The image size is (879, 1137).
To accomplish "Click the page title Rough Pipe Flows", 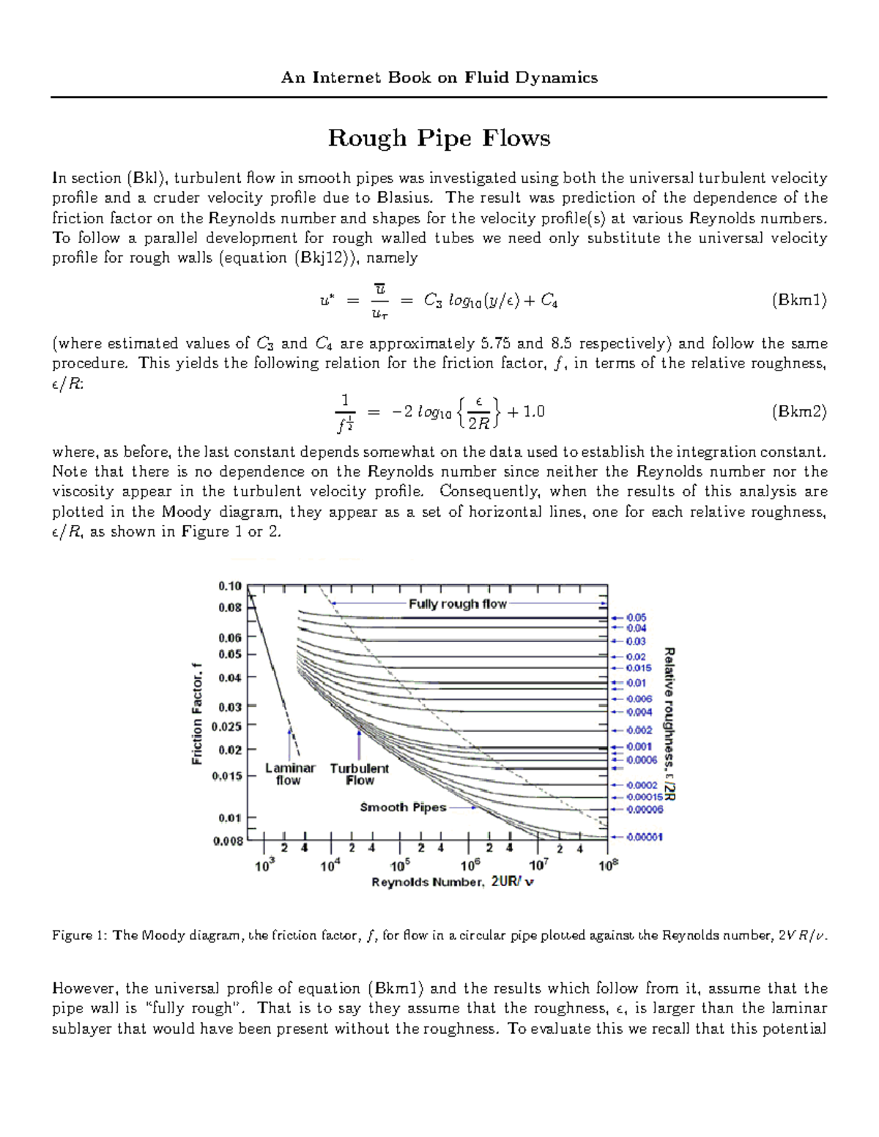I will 439,138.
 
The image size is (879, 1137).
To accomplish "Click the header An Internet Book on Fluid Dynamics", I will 439,78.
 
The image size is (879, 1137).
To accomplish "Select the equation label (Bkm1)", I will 799,300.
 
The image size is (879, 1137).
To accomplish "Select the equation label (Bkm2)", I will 799,411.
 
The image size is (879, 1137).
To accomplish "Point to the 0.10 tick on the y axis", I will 230,586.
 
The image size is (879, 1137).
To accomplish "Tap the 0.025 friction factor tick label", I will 226,727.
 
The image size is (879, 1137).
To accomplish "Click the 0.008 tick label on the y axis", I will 228,841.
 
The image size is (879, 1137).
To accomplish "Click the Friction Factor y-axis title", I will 196,714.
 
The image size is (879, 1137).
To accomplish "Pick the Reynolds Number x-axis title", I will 452,882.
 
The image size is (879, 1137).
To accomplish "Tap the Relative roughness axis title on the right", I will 669,723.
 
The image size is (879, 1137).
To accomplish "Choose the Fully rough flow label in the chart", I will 457,604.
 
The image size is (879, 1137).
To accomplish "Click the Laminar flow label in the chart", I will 290,774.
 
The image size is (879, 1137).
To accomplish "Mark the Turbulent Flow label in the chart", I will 359,774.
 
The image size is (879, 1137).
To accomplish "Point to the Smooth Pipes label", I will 403,808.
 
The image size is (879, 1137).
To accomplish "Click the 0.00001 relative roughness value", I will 644,837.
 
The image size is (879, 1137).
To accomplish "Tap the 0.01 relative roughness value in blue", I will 636,683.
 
